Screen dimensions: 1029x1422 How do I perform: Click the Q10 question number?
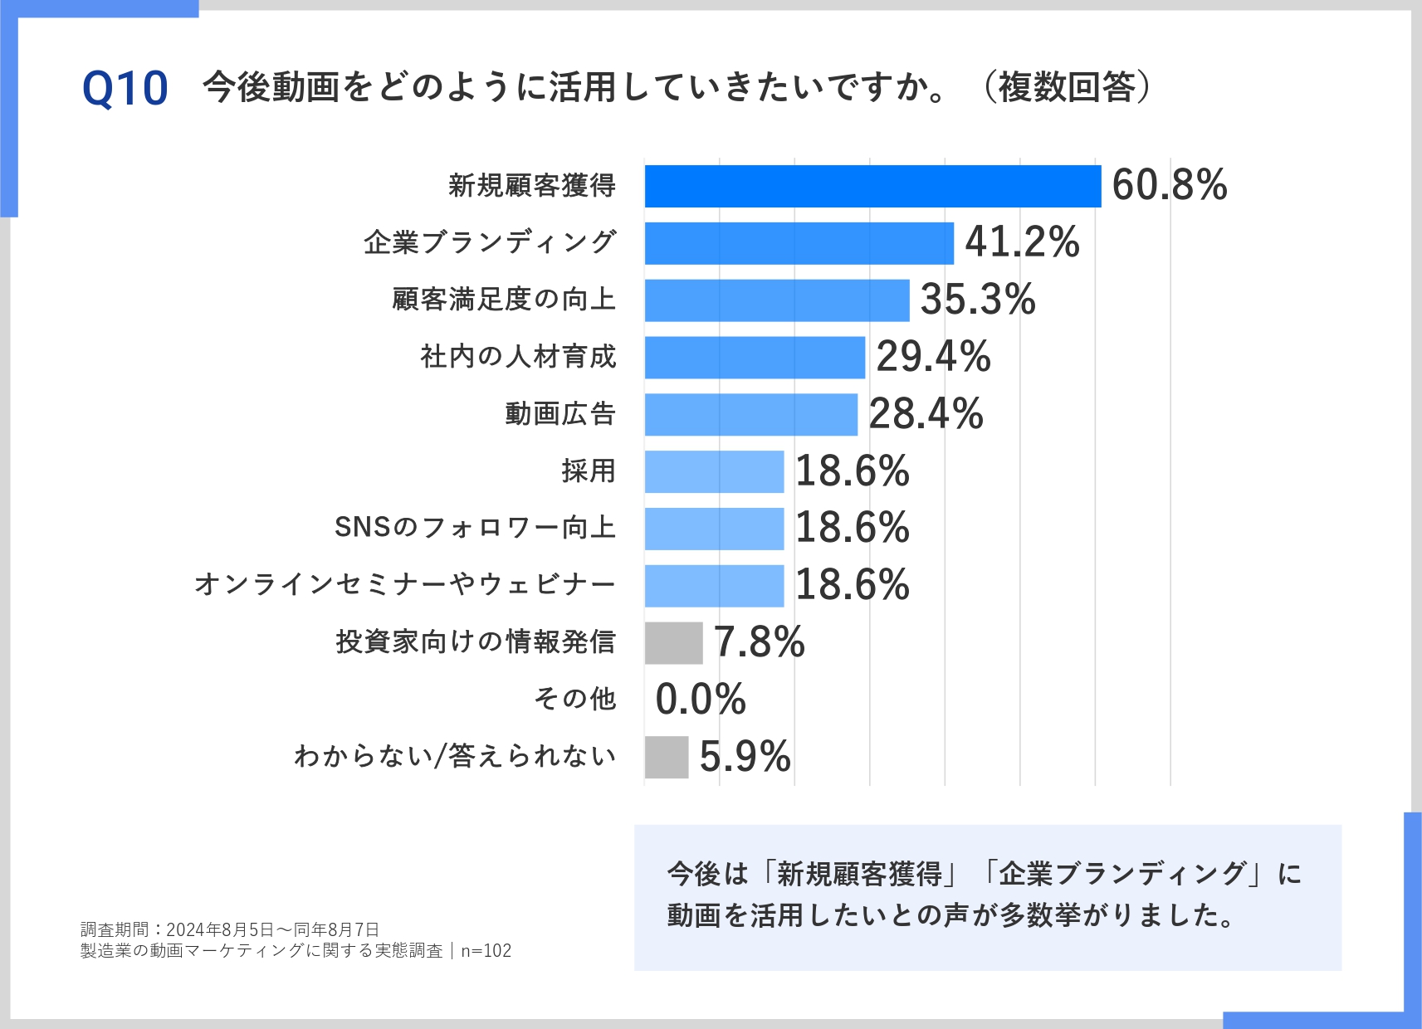(125, 89)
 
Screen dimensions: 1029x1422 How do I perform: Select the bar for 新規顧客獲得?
(872, 186)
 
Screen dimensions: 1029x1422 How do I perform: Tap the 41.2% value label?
(1022, 242)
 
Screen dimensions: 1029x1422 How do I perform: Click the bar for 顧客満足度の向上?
(776, 300)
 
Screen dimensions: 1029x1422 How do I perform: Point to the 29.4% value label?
(933, 357)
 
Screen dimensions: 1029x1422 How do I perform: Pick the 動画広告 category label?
(560, 413)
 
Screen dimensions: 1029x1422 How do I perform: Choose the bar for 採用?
(714, 471)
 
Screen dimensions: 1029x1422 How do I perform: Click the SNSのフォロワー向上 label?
(475, 527)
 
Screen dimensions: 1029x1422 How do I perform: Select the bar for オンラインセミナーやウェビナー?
(714, 585)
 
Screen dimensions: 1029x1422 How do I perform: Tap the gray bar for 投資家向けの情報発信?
(673, 642)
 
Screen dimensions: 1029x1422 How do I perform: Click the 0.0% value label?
(701, 699)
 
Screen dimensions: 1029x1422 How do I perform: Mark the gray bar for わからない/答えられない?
(666, 757)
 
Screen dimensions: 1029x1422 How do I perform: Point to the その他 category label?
(574, 699)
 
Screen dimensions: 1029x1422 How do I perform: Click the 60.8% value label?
(1169, 185)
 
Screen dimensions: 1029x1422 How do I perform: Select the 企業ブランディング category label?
(490, 242)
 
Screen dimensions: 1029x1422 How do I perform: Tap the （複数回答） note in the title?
(1067, 87)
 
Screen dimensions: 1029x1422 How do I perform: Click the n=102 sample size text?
(486, 951)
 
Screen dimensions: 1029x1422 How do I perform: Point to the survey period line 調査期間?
(230, 929)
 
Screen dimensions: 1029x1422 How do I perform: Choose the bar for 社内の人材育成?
(755, 357)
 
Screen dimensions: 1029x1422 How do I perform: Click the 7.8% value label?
(759, 642)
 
